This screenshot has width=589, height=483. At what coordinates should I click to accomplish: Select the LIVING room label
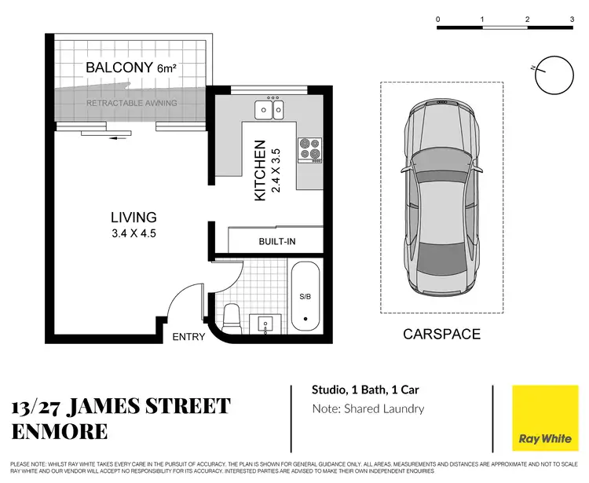(x=133, y=218)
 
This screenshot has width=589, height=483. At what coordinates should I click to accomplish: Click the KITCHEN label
(x=261, y=170)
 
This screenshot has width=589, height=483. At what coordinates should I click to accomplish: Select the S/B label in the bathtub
(x=306, y=297)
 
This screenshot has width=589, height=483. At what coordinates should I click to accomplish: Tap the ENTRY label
(x=188, y=338)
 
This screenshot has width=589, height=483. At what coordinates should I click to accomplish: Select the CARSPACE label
(x=441, y=335)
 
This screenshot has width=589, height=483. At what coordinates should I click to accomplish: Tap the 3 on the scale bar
(x=572, y=18)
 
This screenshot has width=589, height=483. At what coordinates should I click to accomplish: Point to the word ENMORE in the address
(x=60, y=432)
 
